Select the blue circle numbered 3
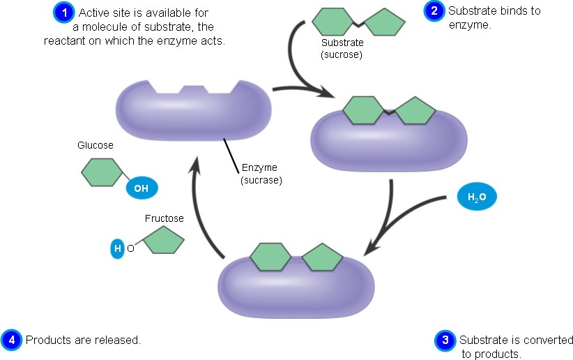445,340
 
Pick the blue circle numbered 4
11,340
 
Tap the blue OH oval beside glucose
142,188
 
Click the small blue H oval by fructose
117,248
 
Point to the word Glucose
95,146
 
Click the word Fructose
165,218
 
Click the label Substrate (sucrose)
342,48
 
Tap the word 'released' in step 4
119,340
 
